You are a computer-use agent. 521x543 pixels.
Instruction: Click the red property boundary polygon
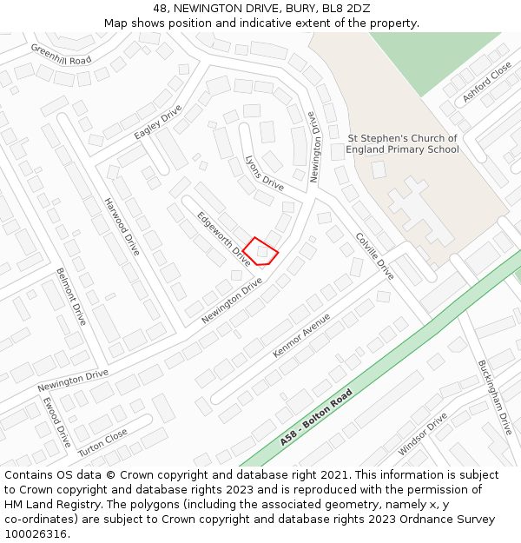(260, 251)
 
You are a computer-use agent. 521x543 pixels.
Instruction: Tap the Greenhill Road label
(61, 54)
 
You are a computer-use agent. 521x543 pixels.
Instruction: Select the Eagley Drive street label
(158, 123)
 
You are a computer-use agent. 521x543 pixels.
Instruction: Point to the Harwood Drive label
(122, 227)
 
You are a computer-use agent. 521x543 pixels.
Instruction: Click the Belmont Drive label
(70, 296)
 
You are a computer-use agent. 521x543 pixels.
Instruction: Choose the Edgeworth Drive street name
(223, 238)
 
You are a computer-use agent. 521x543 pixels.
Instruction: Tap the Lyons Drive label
(265, 173)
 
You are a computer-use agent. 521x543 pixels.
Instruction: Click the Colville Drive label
(374, 256)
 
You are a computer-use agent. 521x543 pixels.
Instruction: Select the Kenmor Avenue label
(301, 335)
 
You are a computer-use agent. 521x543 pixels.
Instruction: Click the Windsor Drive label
(422, 434)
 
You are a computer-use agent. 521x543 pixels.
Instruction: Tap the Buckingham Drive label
(495, 398)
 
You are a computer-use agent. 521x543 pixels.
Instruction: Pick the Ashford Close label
(487, 83)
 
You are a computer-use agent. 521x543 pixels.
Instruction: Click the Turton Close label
(102, 443)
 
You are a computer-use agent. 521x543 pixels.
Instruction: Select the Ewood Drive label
(56, 423)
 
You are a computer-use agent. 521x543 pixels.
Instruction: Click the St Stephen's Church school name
(402, 143)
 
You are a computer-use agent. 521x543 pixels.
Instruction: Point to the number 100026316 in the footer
(35, 533)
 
